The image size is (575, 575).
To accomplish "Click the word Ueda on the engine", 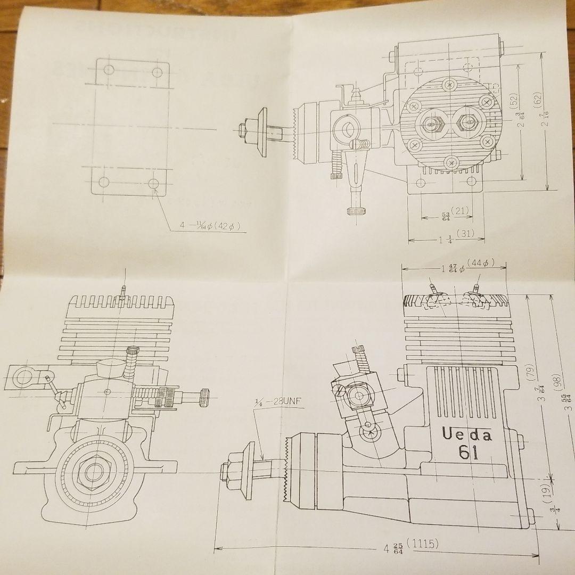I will [x=467, y=434].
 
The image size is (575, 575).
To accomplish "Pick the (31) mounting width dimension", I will [x=465, y=233].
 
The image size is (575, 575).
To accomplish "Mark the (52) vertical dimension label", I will [x=513, y=101].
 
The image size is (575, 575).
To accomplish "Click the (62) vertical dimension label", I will [x=537, y=100].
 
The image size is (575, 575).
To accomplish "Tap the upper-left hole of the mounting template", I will [x=109, y=70].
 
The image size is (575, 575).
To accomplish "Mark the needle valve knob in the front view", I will [x=203, y=398].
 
